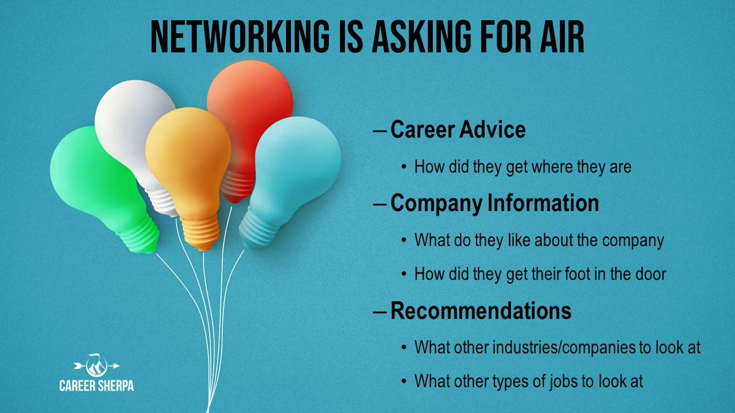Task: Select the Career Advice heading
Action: (x=458, y=130)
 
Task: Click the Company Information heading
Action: (x=494, y=204)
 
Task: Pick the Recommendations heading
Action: (x=481, y=311)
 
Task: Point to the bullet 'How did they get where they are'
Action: (x=522, y=166)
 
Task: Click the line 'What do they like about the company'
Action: (x=539, y=240)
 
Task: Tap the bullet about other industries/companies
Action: (x=557, y=348)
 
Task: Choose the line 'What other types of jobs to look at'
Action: (x=529, y=381)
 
